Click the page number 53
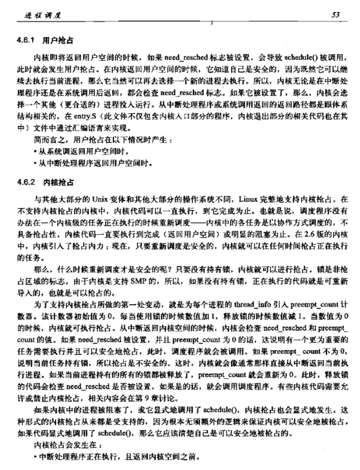pos(344,13)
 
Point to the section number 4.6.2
pos(26,181)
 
